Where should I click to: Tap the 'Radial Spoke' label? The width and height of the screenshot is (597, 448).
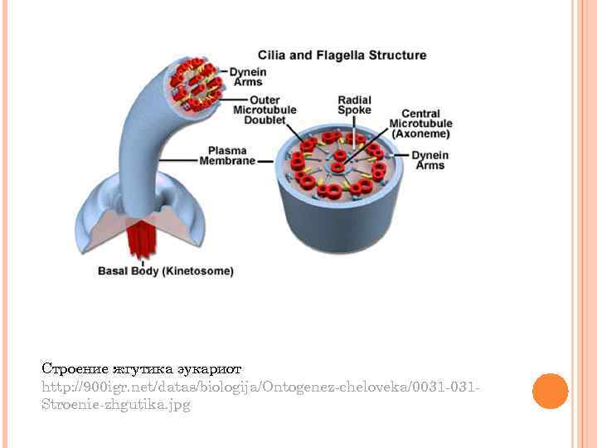click(x=354, y=105)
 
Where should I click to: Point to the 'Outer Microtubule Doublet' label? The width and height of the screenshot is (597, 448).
click(x=259, y=110)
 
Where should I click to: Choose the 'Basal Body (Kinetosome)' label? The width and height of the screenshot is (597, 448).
click(x=166, y=270)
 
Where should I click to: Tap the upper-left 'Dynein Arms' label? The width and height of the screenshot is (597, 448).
click(x=246, y=76)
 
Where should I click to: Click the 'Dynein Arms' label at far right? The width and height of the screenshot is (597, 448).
click(x=430, y=160)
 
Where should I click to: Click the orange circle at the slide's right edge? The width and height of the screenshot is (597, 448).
click(x=550, y=391)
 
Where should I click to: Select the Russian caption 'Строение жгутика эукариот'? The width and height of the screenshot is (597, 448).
click(x=142, y=368)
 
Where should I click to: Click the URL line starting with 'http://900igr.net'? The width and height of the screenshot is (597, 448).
click(x=262, y=387)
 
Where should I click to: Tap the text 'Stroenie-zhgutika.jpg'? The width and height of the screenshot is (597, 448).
click(x=115, y=406)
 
